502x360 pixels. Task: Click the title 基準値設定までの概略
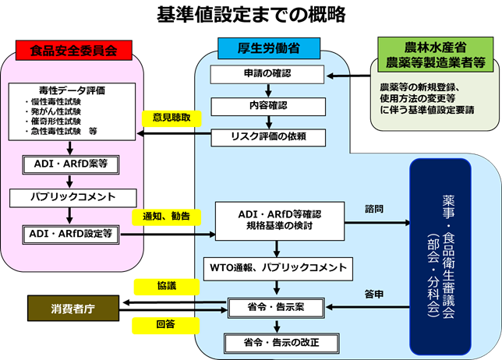click(251, 14)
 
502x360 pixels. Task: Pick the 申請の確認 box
click(268, 75)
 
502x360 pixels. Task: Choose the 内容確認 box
click(268, 105)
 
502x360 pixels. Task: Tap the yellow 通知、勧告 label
click(166, 216)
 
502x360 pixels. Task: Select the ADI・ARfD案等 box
click(71, 164)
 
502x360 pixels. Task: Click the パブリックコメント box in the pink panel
click(71, 197)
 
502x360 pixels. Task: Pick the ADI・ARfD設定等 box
click(71, 232)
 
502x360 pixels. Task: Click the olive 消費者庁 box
click(74, 308)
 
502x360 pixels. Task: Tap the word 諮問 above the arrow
click(375, 209)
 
